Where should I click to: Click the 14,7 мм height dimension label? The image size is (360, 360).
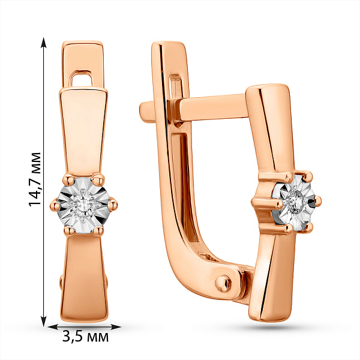click(x=35, y=179)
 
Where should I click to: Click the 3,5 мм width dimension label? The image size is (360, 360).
click(x=85, y=337)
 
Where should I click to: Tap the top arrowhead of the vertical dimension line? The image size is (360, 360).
click(x=43, y=43)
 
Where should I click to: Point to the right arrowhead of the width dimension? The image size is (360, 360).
click(x=116, y=327)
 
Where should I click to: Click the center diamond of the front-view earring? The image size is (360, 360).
click(x=83, y=204)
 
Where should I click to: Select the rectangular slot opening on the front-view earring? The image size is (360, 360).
click(x=81, y=79)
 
